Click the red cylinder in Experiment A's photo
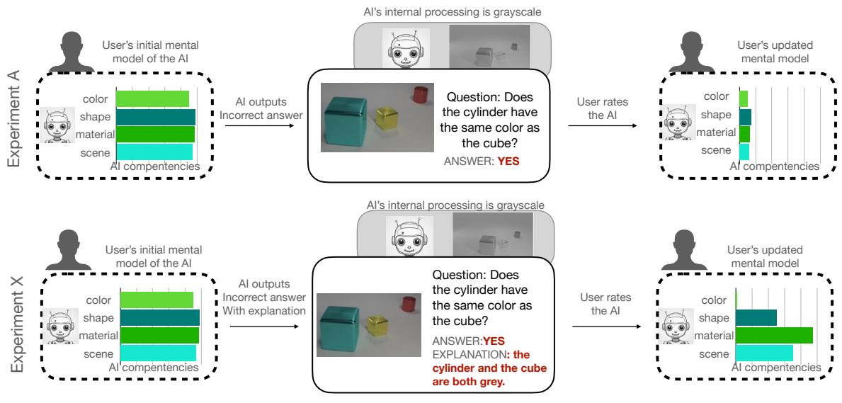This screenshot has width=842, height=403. [x=420, y=95]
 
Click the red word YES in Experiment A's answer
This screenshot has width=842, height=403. [x=508, y=160]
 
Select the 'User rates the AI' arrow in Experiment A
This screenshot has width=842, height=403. [x=603, y=126]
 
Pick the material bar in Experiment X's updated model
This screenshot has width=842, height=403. [x=774, y=335]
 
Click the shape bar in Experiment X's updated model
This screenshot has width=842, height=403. [x=756, y=317]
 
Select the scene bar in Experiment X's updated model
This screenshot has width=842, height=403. [x=764, y=353]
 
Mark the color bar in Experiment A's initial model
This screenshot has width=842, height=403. [x=152, y=99]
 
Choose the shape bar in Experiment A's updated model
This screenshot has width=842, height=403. [x=746, y=117]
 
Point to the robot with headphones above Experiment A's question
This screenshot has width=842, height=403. [x=398, y=48]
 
